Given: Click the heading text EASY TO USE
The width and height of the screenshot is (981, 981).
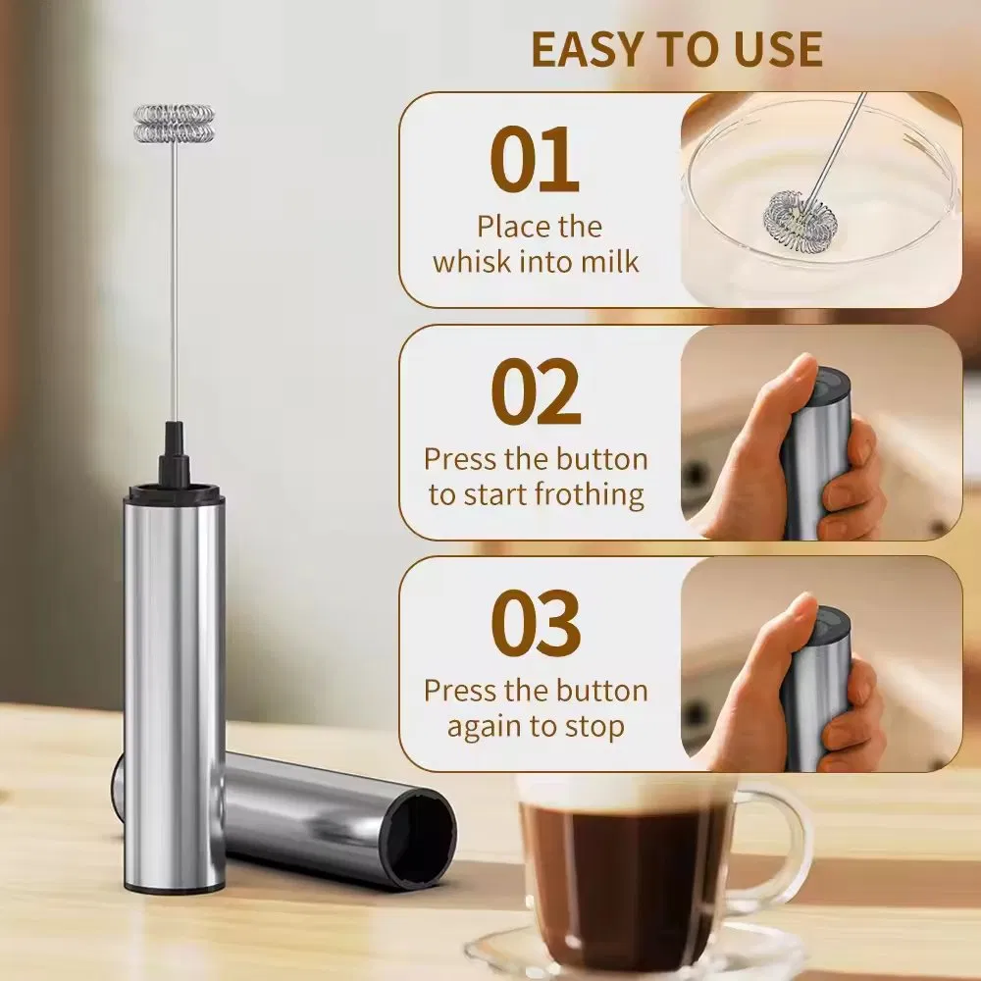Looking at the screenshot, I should [677, 49].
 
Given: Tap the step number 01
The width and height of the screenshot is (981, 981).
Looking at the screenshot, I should [535, 161].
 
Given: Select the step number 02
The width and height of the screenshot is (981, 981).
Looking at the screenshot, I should [536, 392].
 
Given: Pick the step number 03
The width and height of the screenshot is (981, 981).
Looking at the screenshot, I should [536, 625].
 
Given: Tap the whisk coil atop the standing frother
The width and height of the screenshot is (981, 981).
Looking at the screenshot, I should [174, 122].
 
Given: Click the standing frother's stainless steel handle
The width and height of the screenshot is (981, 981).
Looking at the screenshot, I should [174, 687].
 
